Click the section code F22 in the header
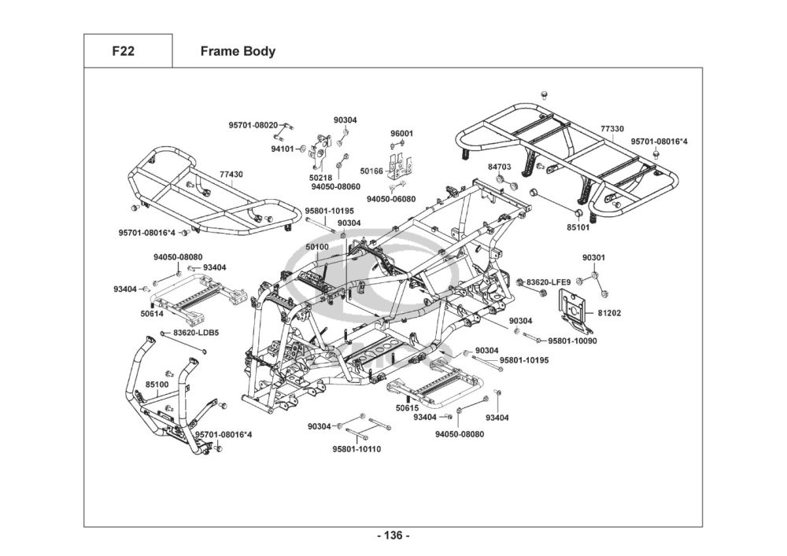[123, 51]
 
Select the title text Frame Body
[238, 51]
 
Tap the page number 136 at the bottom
[393, 536]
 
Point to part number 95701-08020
[253, 125]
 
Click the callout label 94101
[282, 148]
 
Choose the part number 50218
[320, 178]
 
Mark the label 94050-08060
[335, 187]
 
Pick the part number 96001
[402, 134]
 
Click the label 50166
[371, 171]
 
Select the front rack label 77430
[231, 175]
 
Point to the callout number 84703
[499, 167]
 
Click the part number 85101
[578, 227]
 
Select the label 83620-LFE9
[548, 282]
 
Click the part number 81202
[609, 313]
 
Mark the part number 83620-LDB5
[196, 333]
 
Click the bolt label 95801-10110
[357, 449]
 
